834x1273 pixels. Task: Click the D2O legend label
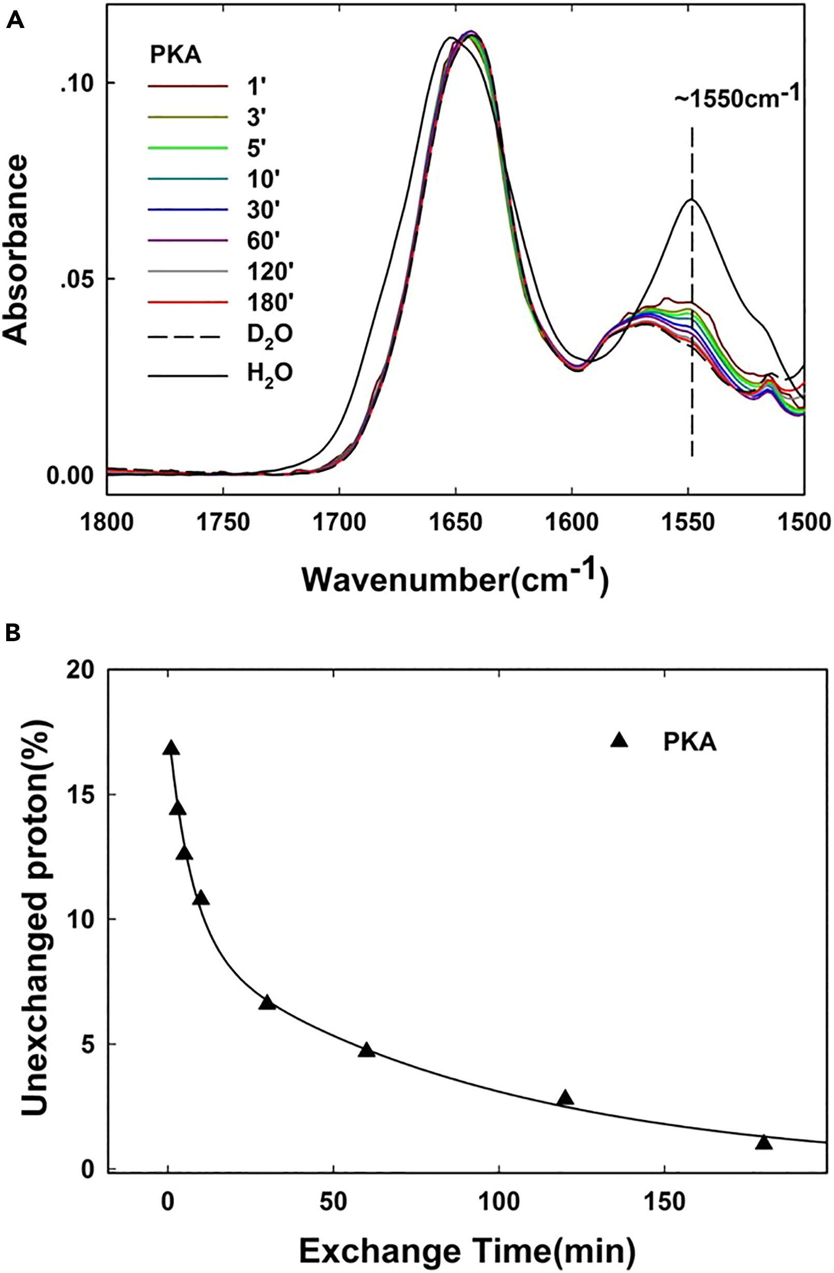(269, 335)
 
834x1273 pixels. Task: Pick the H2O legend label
(269, 373)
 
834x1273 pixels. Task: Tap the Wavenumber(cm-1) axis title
(455, 580)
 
